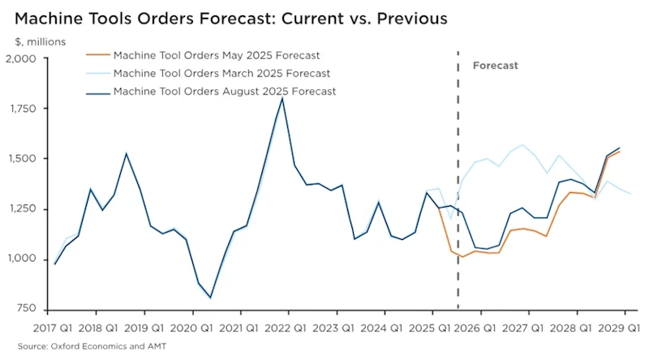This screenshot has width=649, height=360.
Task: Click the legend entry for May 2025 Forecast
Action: [x=217, y=56]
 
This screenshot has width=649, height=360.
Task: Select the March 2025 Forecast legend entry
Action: [x=219, y=74]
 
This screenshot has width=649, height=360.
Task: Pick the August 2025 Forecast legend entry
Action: [x=224, y=92]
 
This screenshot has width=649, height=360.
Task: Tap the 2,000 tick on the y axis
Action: [x=21, y=58]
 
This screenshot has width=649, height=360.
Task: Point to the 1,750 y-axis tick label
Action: [x=22, y=109]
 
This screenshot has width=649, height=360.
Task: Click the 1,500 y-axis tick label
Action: [x=22, y=159]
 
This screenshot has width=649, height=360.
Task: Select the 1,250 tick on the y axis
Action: [x=22, y=209]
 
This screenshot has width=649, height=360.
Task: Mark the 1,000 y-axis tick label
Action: [x=22, y=259]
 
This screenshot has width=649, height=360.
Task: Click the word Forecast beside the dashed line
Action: [x=495, y=65]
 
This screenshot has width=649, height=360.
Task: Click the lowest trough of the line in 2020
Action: [x=210, y=298]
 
